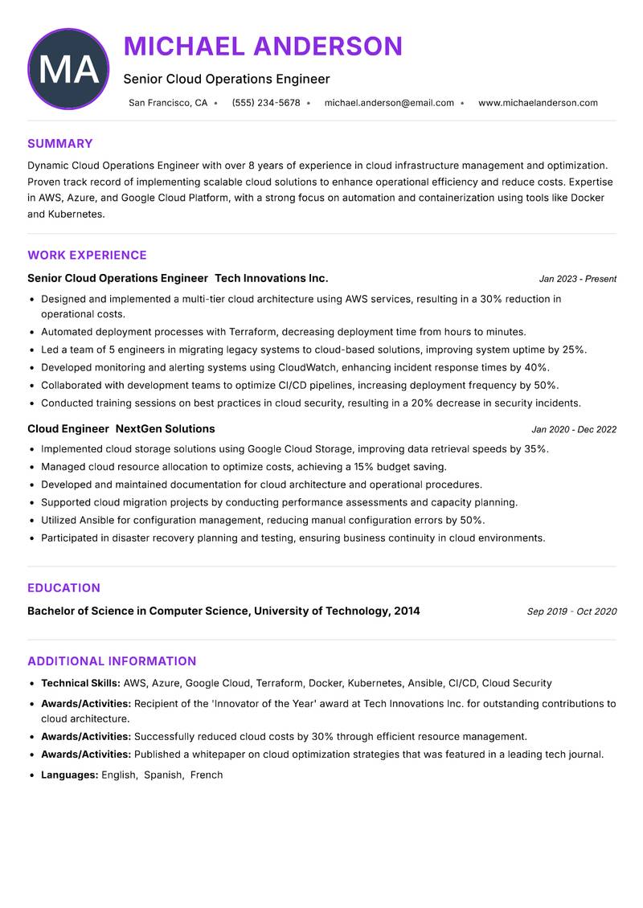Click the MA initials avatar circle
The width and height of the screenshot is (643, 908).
coord(68,69)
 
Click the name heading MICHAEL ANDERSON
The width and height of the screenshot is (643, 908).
coord(263,46)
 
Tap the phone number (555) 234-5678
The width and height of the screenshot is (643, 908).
coord(266,103)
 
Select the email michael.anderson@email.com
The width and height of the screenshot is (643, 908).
coord(389,103)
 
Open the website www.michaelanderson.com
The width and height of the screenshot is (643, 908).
coord(538,103)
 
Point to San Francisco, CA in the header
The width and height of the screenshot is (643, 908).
coord(168,103)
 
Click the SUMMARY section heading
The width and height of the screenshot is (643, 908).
coord(60,144)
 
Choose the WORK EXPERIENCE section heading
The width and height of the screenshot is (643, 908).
coord(87,256)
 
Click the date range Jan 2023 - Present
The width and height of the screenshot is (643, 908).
coord(577,279)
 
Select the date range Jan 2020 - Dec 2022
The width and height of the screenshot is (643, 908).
coord(574,430)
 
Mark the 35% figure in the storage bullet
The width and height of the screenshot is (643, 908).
coord(535,449)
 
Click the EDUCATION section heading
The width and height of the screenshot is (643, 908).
coord(63,588)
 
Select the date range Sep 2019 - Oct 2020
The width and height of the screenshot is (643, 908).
coord(571,611)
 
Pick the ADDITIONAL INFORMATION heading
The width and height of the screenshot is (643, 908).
coord(112,661)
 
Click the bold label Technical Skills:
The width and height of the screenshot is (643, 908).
coord(80,683)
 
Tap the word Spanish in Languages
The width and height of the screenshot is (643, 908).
coord(163,775)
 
